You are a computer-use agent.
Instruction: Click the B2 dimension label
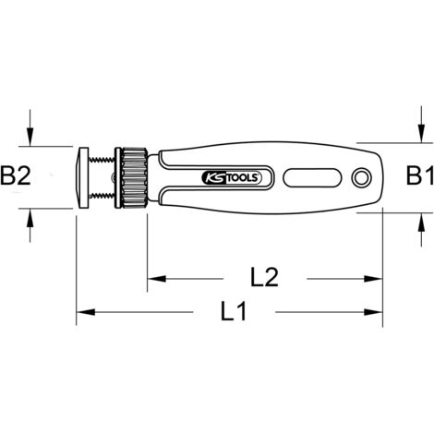(x=16, y=175)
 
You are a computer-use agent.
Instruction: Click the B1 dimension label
(x=420, y=175)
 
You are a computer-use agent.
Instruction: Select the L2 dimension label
(x=264, y=277)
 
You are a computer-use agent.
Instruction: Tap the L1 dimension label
(x=234, y=311)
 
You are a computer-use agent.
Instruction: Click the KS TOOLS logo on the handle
(x=231, y=178)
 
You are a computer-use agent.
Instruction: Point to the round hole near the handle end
(x=362, y=177)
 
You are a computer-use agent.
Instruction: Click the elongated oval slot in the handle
(x=313, y=177)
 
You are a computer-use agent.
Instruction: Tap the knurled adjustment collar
(x=134, y=178)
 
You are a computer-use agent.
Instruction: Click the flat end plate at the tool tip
(x=82, y=178)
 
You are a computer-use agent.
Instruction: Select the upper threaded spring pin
(x=102, y=159)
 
